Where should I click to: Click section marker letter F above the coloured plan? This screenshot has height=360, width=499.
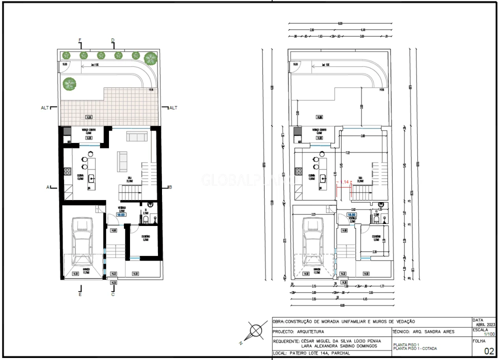tap(80, 40)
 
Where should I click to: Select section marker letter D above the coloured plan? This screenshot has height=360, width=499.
tap(113, 40)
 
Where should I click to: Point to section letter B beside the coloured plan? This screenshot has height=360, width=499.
tap(170, 187)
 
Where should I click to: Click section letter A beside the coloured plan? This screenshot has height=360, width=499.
tap(48, 187)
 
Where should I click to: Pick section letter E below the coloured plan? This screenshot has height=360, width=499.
tap(80, 294)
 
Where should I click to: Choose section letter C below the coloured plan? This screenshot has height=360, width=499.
tap(113, 294)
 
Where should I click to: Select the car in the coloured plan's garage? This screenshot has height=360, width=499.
tap(81, 244)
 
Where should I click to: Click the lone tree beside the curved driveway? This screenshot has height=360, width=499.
tap(70, 83)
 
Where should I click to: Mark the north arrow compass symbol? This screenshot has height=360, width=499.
tap(256, 331)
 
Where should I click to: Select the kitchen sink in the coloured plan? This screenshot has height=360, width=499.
tap(91, 177)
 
